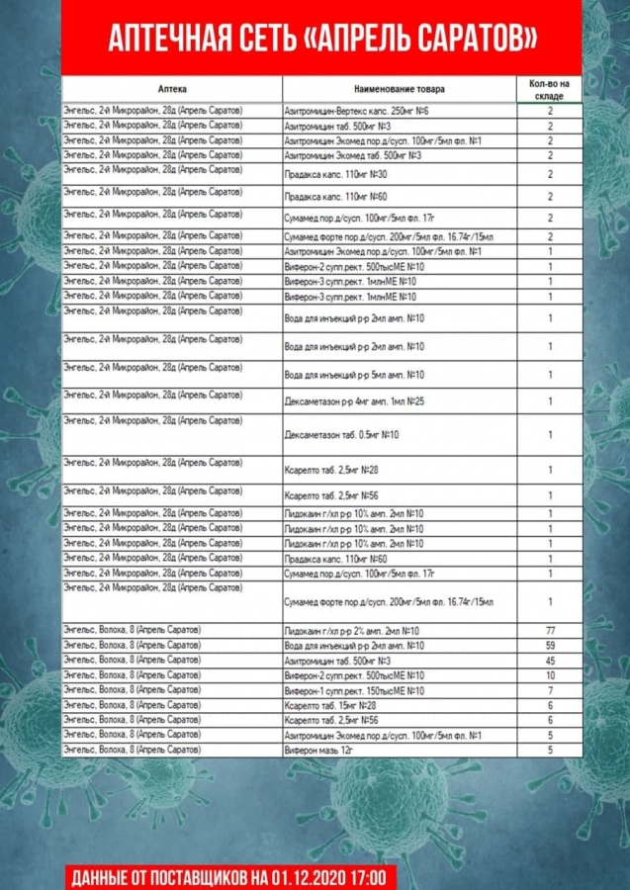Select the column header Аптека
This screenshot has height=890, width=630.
(171, 88)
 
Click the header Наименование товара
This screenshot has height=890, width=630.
(400, 88)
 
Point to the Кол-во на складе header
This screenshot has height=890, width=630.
(549, 88)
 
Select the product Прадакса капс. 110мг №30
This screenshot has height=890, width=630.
(335, 174)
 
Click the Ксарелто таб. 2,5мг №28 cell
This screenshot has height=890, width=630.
(331, 471)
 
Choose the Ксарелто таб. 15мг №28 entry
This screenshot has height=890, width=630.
(330, 705)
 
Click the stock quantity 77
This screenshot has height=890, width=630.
(550, 631)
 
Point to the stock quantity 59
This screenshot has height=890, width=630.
(550, 646)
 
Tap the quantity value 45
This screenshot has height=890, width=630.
(550, 661)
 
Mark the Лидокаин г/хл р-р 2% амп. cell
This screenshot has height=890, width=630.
(352, 631)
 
